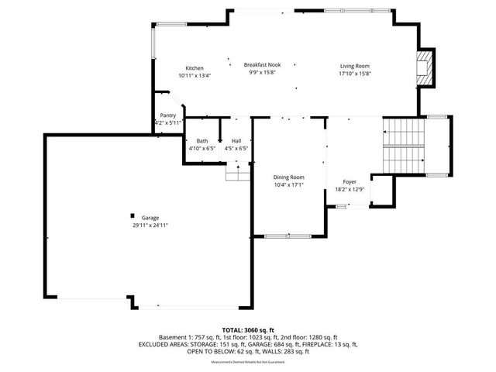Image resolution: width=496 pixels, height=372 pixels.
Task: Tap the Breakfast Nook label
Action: point(262,64)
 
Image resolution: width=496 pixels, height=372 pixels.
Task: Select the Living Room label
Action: point(355,66)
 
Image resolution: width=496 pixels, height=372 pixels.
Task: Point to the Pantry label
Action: point(168,115)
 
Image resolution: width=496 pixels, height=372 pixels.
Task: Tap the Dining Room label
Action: point(288,177)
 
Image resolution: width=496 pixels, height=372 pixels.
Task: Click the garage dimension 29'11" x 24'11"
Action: point(150,225)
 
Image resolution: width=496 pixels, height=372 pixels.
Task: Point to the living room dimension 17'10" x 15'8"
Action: point(355,74)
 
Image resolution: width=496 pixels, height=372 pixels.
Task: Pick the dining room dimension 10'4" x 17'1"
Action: point(288,185)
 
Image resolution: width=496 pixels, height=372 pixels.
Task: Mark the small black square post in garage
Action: point(133,215)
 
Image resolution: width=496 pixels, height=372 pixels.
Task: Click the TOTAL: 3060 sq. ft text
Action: point(247,330)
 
